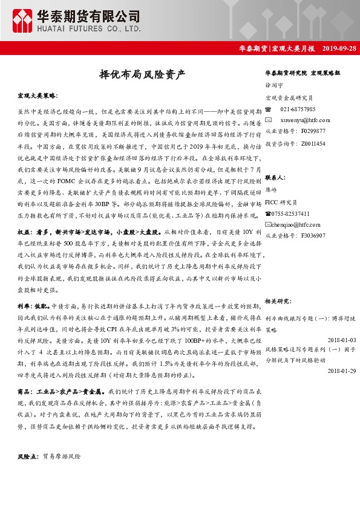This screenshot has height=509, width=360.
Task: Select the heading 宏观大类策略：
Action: click(38, 96)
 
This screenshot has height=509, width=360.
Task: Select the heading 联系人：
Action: click(275, 178)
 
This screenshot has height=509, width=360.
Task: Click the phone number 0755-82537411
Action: click(291, 213)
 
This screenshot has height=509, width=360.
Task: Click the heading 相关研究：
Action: click(279, 300)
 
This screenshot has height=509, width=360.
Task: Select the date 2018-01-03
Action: click(340, 340)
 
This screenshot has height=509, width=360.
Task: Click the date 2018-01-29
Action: click(340, 370)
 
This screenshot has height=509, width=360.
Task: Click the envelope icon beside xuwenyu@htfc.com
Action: click(269, 120)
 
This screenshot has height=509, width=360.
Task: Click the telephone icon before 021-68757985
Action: click(269, 109)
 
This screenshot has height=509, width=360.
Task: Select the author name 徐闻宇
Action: click(274, 86)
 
